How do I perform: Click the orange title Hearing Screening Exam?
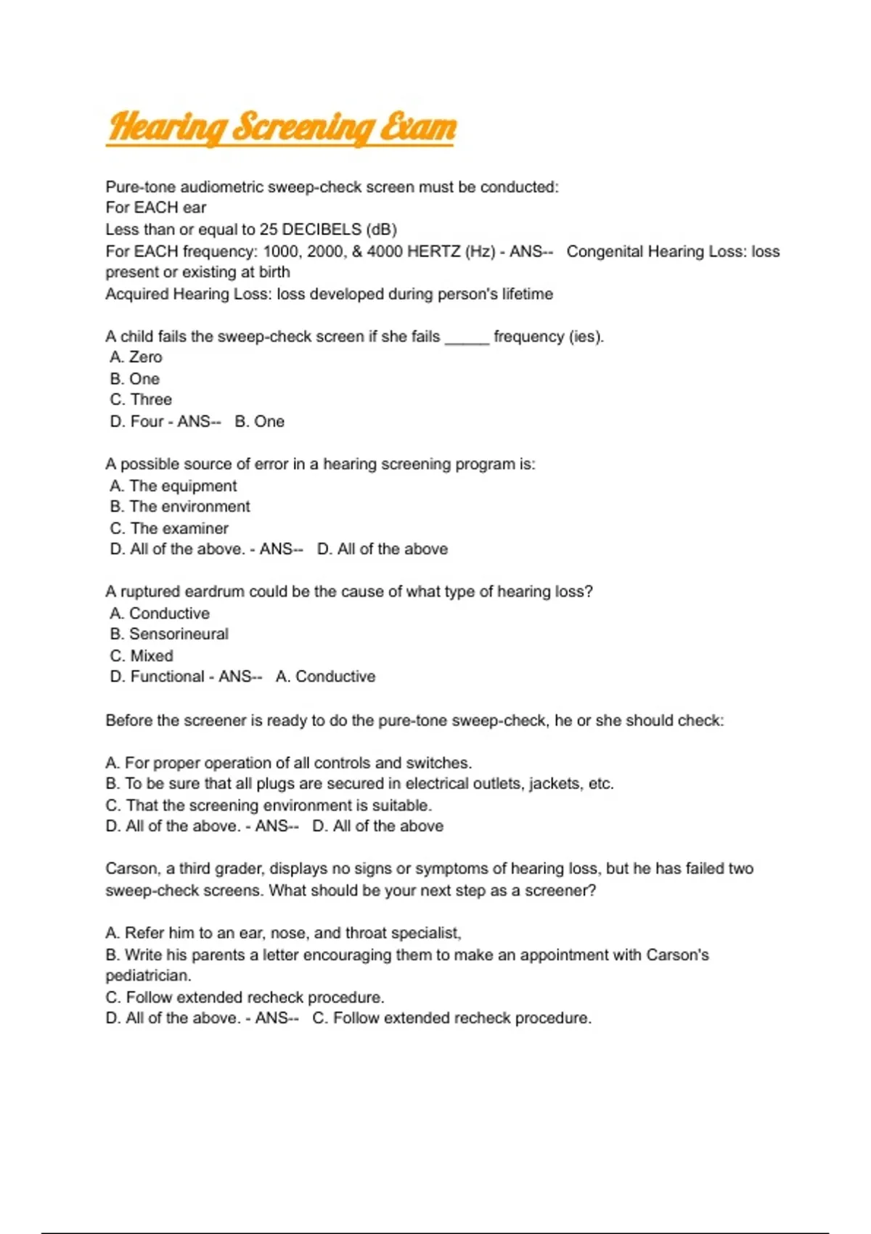tap(281, 127)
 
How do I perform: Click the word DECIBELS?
tap(322, 229)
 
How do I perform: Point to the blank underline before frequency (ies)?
tap(467, 337)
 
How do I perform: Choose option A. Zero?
tap(136, 357)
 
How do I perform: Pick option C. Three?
tap(142, 399)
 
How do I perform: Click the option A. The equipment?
tap(173, 486)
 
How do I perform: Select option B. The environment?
tap(180, 507)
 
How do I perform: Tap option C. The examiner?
tap(169, 528)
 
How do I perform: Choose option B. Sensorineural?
tap(169, 634)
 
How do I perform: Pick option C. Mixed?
tap(142, 655)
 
